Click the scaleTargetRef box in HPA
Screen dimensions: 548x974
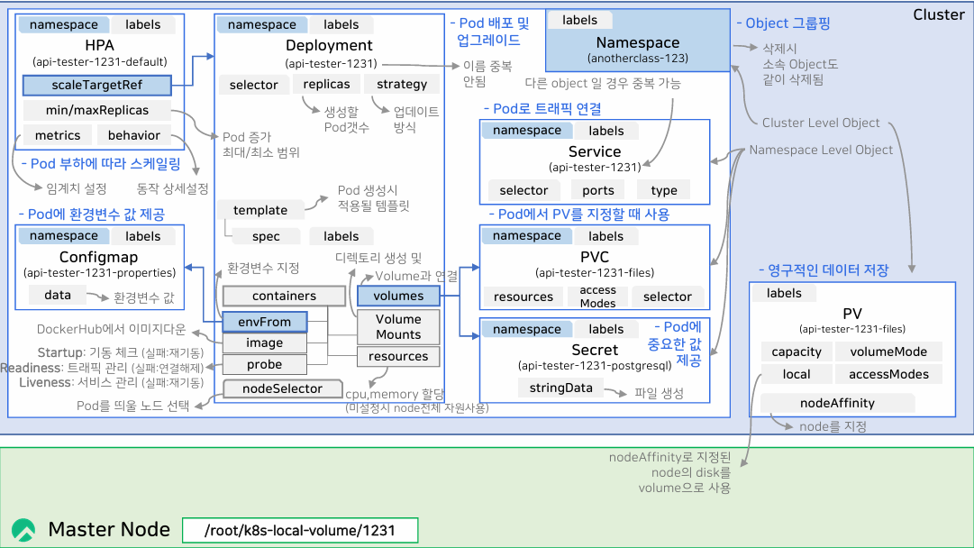point(96,86)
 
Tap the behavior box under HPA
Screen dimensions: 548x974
point(134,136)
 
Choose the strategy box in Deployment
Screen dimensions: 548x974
point(402,85)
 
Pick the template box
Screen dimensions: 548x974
point(260,210)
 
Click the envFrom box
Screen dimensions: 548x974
point(265,322)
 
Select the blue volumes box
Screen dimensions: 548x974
point(398,296)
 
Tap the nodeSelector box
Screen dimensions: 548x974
point(283,389)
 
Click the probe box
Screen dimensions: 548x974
point(265,365)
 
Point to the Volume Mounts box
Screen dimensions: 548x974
point(398,326)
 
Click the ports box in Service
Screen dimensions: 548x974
point(598,190)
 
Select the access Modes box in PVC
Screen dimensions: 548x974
point(598,297)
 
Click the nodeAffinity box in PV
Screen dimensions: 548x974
point(837,403)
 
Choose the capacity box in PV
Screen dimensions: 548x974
point(796,352)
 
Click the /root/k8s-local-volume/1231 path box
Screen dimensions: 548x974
point(300,530)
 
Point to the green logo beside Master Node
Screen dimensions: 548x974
point(24,530)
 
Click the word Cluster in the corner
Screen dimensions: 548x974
point(939,15)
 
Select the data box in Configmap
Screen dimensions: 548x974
point(58,296)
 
